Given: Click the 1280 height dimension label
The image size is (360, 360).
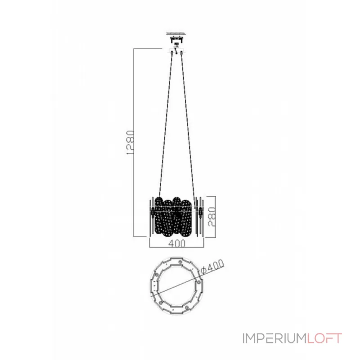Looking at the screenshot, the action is [x=130, y=142].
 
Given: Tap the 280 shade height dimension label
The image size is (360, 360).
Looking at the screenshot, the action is [x=211, y=217].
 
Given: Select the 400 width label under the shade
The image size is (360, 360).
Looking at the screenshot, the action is [x=176, y=243].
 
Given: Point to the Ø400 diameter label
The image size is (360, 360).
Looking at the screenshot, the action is [x=212, y=266].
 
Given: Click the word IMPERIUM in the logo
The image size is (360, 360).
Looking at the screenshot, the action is [x=274, y=338].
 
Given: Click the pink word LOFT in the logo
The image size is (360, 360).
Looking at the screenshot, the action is [x=324, y=338].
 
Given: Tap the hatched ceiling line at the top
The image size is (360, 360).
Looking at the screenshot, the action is [x=176, y=34].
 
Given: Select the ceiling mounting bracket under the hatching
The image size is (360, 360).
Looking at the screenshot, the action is [x=176, y=39].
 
